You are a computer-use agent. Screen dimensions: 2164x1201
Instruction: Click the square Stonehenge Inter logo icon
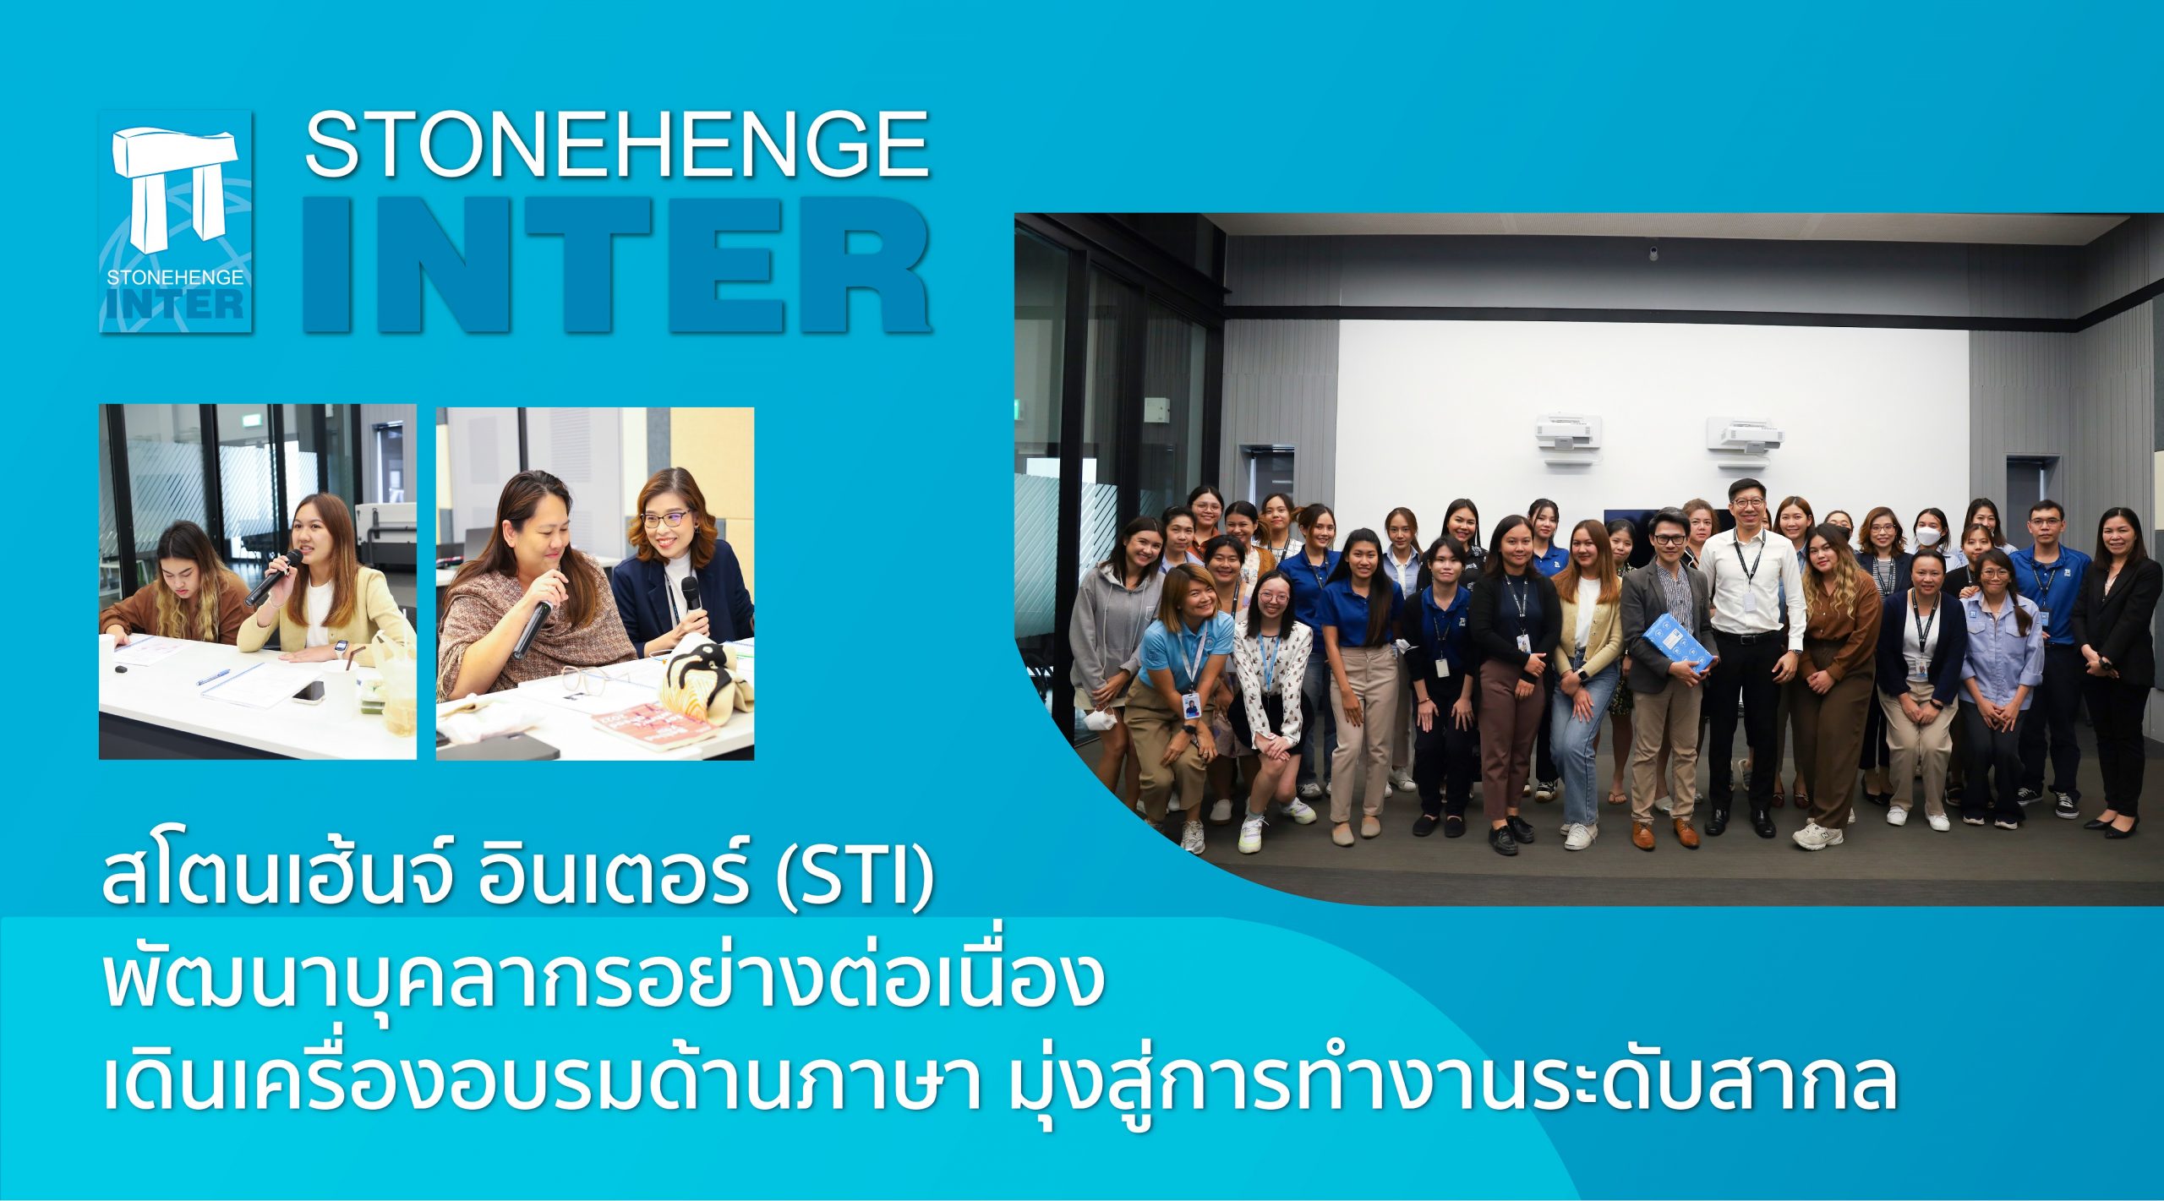(x=176, y=221)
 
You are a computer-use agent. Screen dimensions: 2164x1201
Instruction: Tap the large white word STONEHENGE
(x=617, y=145)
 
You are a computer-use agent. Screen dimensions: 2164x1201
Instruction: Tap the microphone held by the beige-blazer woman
(x=273, y=576)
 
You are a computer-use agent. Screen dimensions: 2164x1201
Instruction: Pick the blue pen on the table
(x=213, y=677)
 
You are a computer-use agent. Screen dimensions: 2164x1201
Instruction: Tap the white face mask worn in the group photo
(x=1928, y=536)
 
